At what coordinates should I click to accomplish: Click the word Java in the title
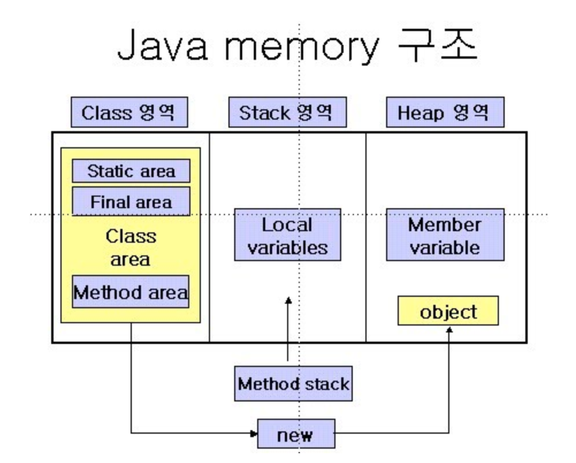(x=162, y=45)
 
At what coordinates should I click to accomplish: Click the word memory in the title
(x=301, y=48)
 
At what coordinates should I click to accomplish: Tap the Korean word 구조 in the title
(x=438, y=44)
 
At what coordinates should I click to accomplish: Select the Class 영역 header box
(x=129, y=112)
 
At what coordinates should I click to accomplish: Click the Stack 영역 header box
(x=288, y=112)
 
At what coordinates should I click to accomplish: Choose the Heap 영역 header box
(x=445, y=112)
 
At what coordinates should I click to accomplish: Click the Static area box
(x=131, y=171)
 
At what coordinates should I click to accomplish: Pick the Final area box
(x=131, y=201)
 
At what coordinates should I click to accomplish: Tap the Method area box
(x=131, y=292)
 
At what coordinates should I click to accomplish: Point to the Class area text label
(x=131, y=248)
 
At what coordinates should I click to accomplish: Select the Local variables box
(x=288, y=235)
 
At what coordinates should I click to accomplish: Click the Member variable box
(x=445, y=235)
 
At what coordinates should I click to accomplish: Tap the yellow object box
(x=448, y=311)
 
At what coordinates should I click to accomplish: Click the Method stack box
(x=293, y=384)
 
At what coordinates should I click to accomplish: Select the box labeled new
(x=296, y=434)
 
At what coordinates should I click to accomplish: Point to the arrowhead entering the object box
(x=449, y=330)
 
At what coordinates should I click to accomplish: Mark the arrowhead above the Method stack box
(x=288, y=300)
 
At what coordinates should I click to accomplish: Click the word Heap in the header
(x=420, y=113)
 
